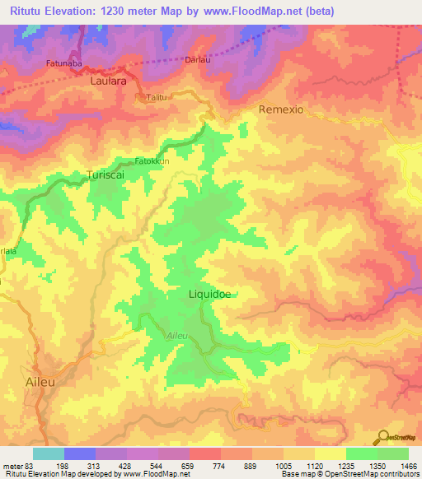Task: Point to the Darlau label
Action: point(195,60)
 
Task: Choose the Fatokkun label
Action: point(152,161)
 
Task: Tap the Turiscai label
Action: point(105,174)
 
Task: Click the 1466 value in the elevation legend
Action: point(407,464)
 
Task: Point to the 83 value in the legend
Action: point(29,464)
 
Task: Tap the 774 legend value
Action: point(219,464)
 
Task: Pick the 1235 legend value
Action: point(344,464)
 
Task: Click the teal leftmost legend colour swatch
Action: point(49,453)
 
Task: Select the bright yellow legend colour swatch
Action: point(331,453)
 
